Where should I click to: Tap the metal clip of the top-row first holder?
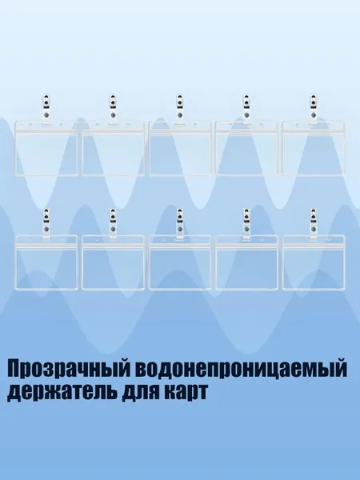[46, 108]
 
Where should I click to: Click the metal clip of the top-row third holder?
[180, 108]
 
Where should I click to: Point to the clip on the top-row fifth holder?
[313, 108]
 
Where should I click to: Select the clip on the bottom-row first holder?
[46, 222]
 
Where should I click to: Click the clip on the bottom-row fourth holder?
[246, 222]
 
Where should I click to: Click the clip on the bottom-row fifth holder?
[313, 222]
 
